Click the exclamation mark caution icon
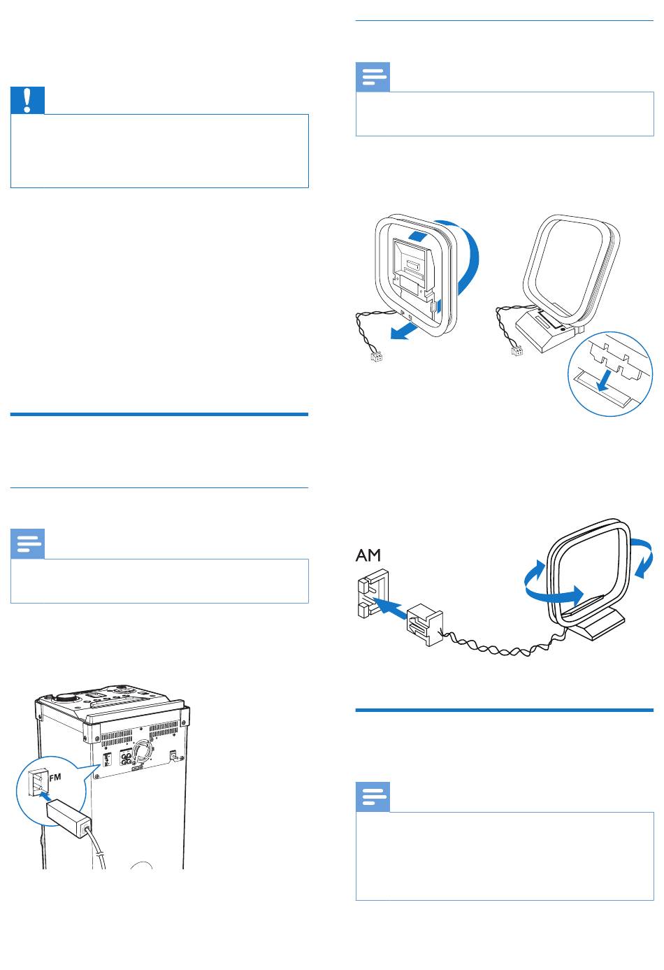tap(28, 101)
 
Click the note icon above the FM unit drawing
tap(28, 545)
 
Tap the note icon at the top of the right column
tap(373, 78)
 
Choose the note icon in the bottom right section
tap(373, 798)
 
